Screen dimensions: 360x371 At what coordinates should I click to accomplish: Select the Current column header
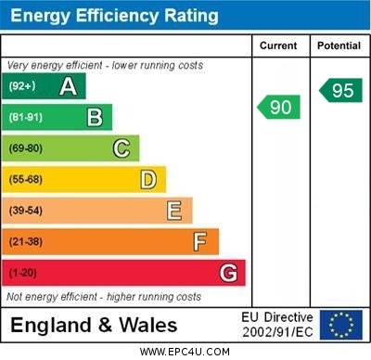point(278,45)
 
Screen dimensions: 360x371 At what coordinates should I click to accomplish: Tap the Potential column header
point(339,45)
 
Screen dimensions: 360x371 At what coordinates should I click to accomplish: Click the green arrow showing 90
point(279,107)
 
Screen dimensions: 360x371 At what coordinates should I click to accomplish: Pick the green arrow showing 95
point(340,91)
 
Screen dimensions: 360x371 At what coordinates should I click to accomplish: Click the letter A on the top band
point(68,87)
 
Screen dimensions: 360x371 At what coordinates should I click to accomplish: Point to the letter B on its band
point(94,117)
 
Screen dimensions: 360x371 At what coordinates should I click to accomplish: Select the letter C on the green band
point(121,148)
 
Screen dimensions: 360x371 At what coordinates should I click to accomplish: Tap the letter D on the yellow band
point(147,179)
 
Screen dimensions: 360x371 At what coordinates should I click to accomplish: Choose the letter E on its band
point(173,211)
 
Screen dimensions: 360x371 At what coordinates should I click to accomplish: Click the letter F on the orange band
point(199,242)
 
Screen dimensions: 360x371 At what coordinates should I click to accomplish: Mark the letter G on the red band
point(227,273)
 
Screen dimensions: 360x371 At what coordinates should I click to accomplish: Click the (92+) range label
point(22,87)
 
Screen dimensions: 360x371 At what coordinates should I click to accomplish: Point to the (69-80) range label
point(26,148)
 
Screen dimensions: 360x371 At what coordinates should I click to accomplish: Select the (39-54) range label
point(26,211)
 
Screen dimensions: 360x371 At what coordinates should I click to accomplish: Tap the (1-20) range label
point(22,273)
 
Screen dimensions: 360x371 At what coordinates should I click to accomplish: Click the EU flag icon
point(340,325)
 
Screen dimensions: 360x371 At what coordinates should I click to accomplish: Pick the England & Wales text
point(94,325)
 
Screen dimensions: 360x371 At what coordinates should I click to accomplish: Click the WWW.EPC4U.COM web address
point(185,352)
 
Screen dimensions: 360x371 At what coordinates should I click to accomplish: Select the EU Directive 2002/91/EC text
point(277,325)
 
